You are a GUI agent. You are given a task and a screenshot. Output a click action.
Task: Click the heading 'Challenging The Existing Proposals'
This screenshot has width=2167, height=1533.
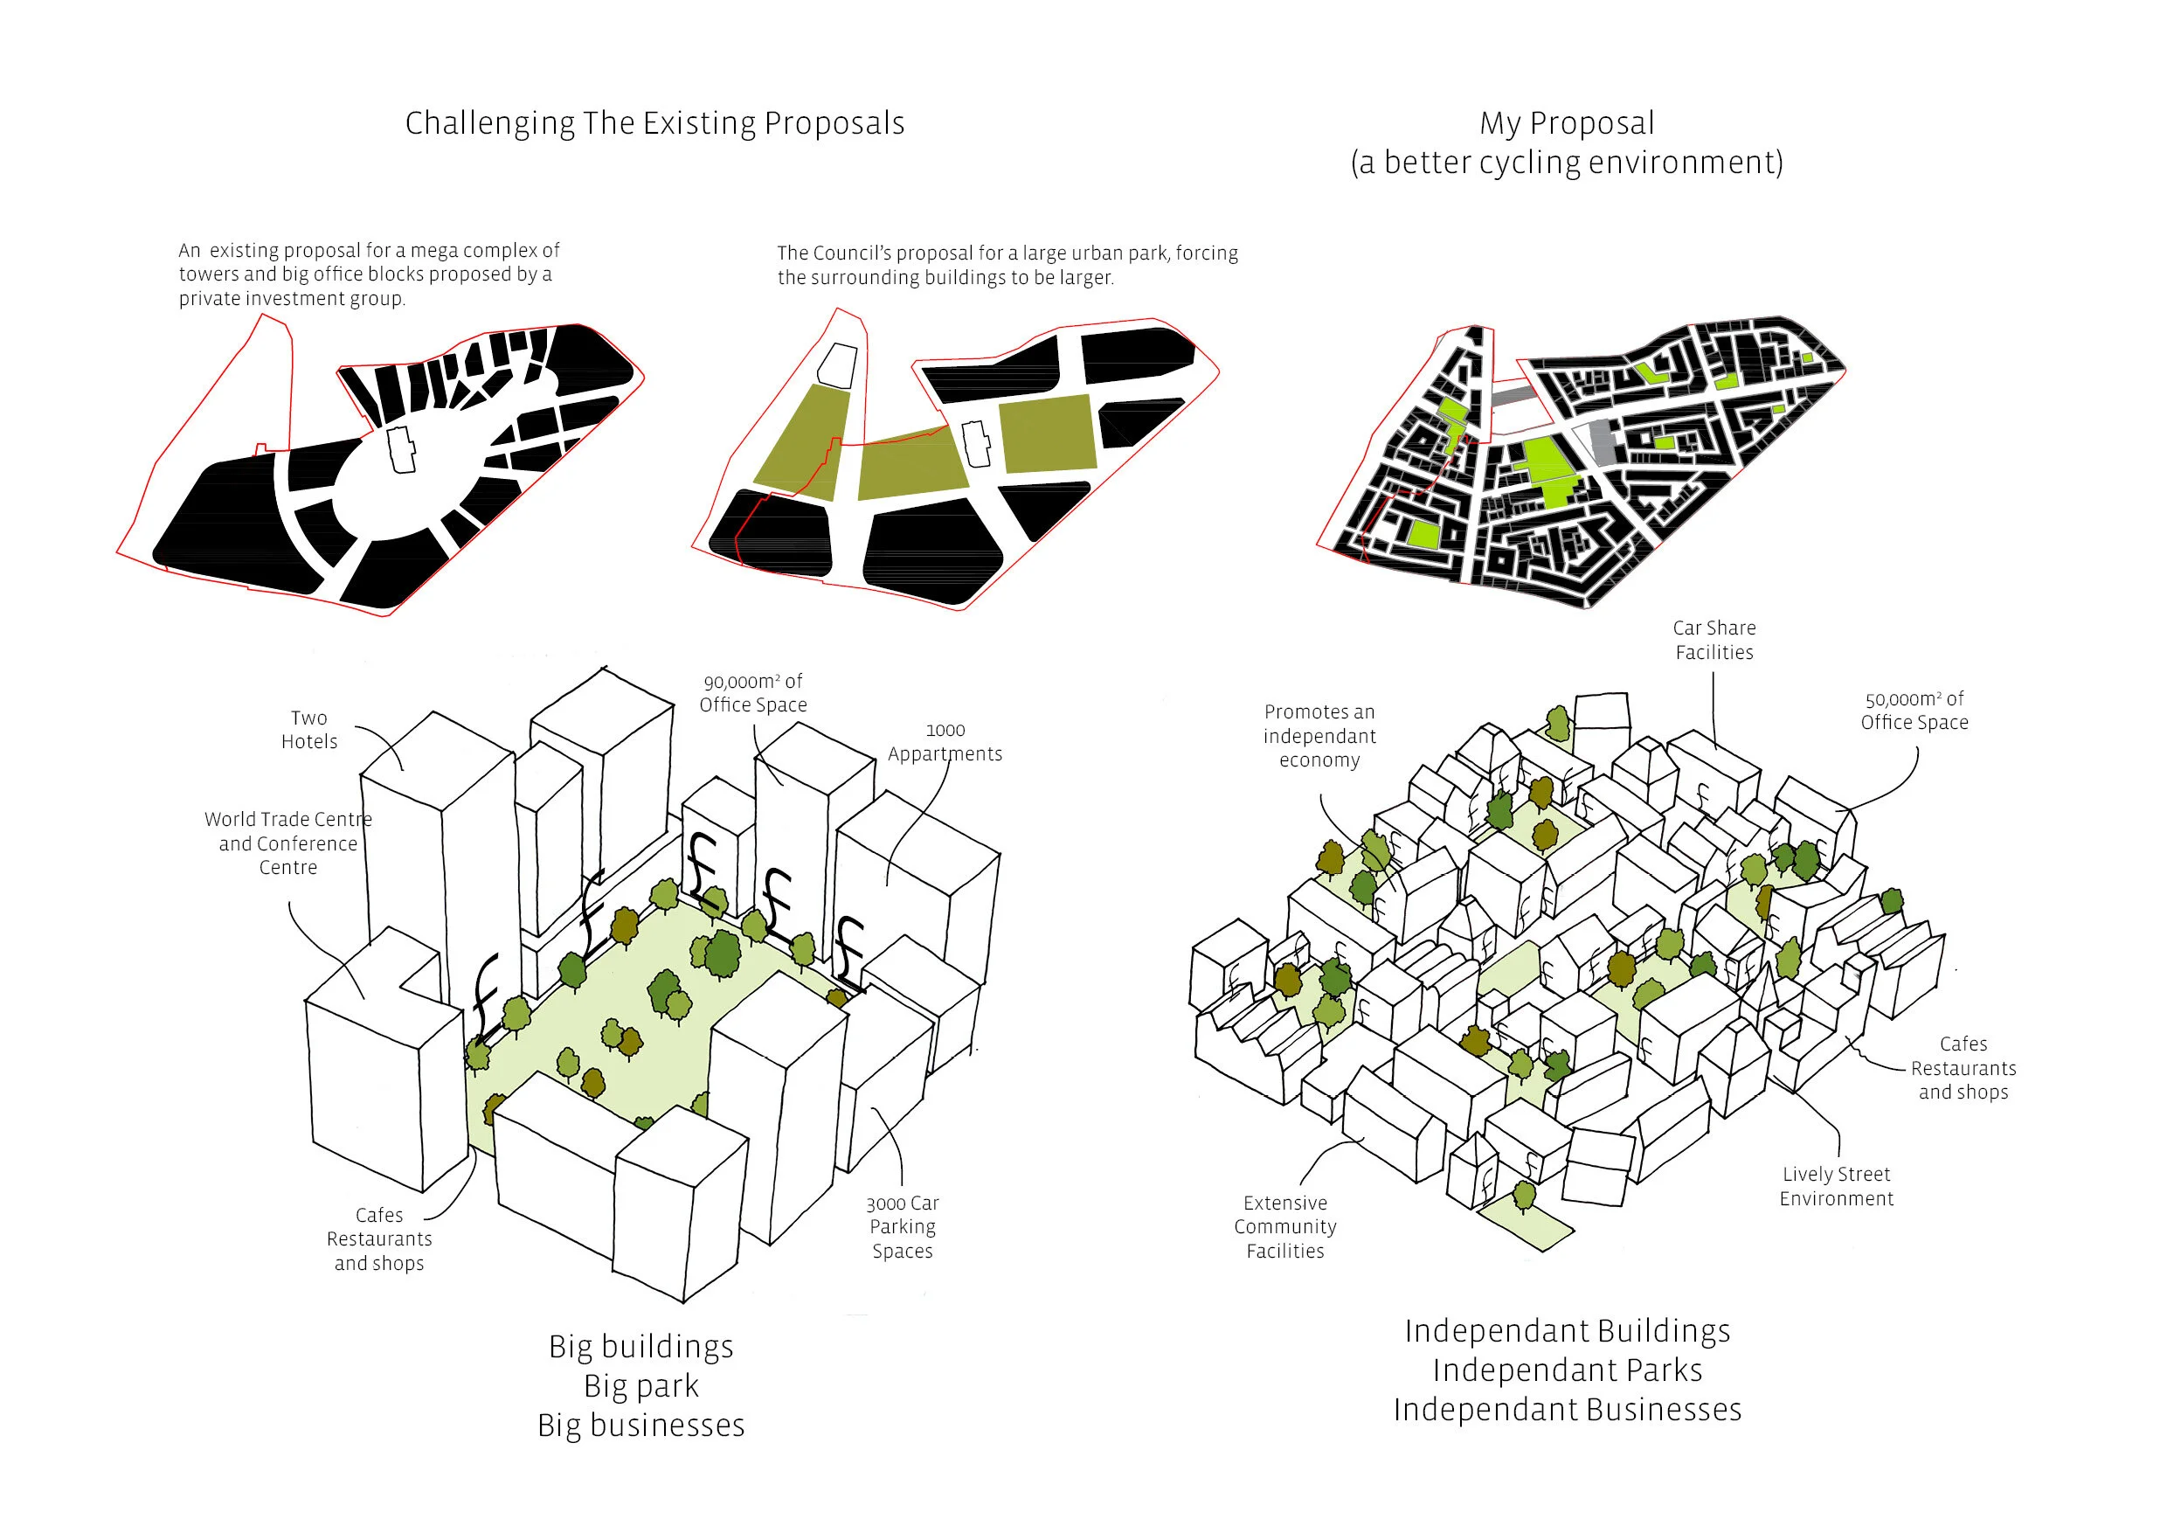(654, 123)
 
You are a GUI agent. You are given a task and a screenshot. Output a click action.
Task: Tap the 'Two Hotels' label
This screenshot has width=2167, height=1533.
(308, 730)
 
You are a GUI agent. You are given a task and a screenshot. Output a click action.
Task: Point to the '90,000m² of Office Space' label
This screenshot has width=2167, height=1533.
(752, 693)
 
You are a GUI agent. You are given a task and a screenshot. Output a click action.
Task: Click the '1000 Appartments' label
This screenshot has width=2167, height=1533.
(945, 743)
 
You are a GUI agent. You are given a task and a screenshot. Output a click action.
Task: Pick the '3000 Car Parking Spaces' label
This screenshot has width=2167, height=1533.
(903, 1226)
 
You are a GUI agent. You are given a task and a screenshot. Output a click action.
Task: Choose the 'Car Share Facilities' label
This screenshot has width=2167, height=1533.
(1714, 640)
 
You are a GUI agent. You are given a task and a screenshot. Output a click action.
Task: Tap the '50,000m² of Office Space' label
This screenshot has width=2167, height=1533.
(1914, 711)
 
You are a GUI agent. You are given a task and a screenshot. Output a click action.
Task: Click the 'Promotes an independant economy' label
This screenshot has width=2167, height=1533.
(1319, 735)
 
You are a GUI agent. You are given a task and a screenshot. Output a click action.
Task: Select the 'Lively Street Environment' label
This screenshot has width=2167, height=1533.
(1836, 1186)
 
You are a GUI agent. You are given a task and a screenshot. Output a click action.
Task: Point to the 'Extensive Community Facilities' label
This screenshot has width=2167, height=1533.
(1284, 1226)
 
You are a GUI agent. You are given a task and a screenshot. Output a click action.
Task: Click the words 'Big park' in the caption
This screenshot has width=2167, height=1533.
(640, 1386)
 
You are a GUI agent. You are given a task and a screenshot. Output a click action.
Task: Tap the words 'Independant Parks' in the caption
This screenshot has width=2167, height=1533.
(1567, 1370)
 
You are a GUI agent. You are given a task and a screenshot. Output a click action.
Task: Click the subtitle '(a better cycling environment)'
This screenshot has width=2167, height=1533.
(1567, 163)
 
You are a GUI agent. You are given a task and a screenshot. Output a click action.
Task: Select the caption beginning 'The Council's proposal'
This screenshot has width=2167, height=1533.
(1007, 265)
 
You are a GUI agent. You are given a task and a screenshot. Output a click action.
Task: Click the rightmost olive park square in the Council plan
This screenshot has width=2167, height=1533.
(1048, 434)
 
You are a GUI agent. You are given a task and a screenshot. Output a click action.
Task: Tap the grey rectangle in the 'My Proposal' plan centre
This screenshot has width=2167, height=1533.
(1600, 440)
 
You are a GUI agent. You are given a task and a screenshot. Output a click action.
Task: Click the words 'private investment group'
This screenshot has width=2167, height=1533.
(292, 299)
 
